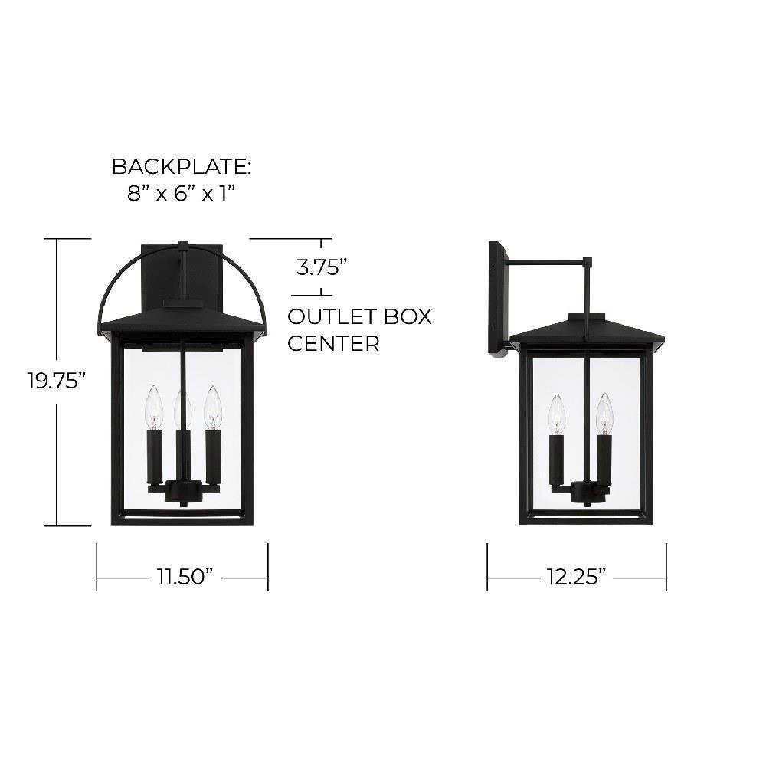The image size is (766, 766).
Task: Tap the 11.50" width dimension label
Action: (185, 577)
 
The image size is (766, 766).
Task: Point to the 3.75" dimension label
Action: (322, 267)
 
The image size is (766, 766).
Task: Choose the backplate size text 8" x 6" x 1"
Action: (182, 194)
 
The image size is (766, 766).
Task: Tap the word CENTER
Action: (333, 343)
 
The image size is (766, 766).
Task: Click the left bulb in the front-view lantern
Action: (154, 408)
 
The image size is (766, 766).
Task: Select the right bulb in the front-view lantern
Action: (212, 408)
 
